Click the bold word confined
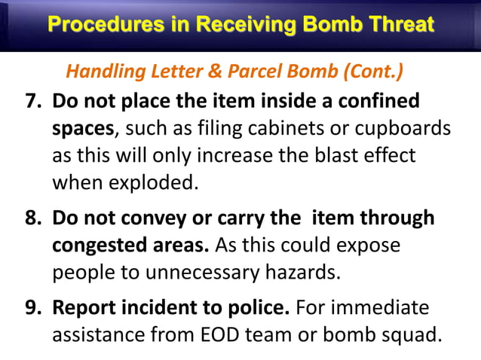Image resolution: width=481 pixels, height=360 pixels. coord(372,101)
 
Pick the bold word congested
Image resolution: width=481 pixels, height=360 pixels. coord(103,246)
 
